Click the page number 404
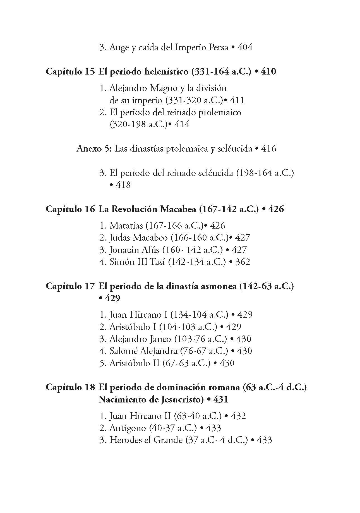(x=245, y=47)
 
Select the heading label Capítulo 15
(x=70, y=72)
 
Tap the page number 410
(x=268, y=72)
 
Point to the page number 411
(x=237, y=100)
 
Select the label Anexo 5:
(x=94, y=148)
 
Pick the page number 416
(x=268, y=148)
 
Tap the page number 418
(x=123, y=185)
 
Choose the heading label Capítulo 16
(x=70, y=209)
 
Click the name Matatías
(x=126, y=226)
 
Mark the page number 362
(x=243, y=262)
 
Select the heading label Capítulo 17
(x=70, y=286)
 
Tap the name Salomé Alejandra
(x=143, y=351)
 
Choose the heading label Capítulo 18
(x=70, y=387)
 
